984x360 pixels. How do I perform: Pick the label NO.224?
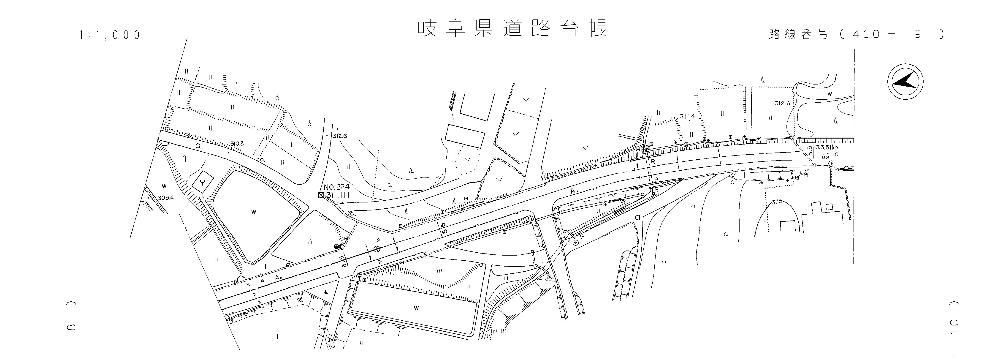pyautogui.click(x=336, y=187)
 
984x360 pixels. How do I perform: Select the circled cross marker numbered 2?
pyautogui.click(x=377, y=249)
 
